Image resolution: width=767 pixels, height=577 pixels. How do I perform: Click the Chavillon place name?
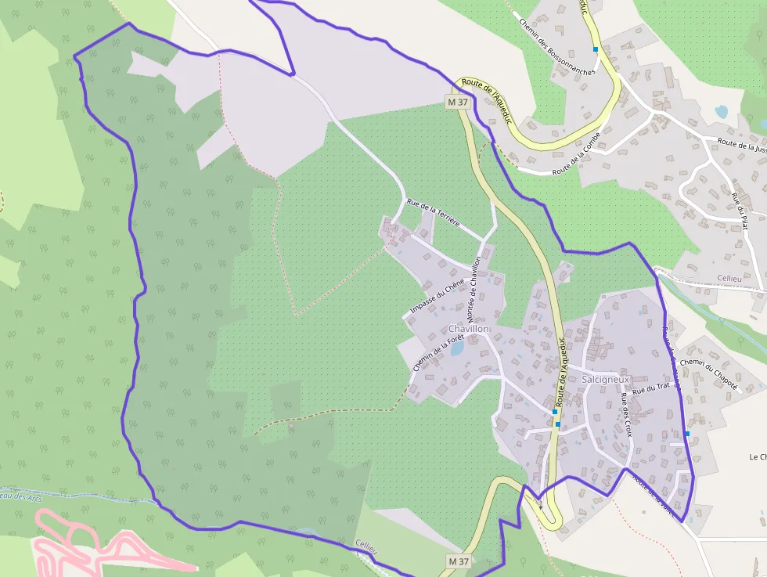coord(469,330)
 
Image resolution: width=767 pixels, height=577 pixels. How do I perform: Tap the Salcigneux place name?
coord(606,379)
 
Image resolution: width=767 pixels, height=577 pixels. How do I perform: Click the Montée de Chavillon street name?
coord(474,288)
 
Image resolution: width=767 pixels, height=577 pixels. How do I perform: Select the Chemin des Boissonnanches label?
coord(556,46)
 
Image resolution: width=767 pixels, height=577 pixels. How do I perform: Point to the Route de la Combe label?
coord(576,154)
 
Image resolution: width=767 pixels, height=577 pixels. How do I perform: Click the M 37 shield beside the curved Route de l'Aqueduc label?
coord(459,102)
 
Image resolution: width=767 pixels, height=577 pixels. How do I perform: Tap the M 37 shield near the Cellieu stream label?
coord(459,561)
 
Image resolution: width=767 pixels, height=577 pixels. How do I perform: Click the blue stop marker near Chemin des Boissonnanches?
coord(596,49)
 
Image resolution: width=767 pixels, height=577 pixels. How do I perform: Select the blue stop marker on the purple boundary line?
coord(687,433)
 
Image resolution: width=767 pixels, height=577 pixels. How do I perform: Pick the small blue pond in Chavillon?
coord(456,349)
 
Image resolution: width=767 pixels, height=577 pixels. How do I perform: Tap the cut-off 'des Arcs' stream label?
coord(20,497)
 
